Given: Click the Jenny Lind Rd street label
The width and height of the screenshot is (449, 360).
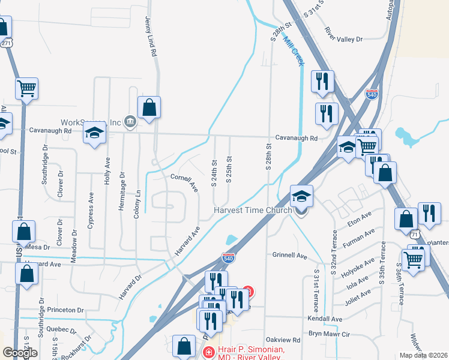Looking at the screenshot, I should tap(150, 36).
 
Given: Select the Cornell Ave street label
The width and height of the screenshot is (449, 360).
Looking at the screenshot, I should tap(184, 182).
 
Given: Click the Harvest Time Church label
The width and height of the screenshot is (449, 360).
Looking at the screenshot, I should tap(253, 210).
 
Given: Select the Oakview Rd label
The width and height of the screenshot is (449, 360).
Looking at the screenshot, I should tap(283, 340).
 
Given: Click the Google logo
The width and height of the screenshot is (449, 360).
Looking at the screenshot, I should tap(20, 353).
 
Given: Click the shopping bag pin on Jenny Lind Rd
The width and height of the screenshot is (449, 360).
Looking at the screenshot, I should tap(149, 108).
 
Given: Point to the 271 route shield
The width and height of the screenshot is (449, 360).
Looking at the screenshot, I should tap(5, 43).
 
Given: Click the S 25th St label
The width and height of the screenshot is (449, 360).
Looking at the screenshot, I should tap(229, 171).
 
